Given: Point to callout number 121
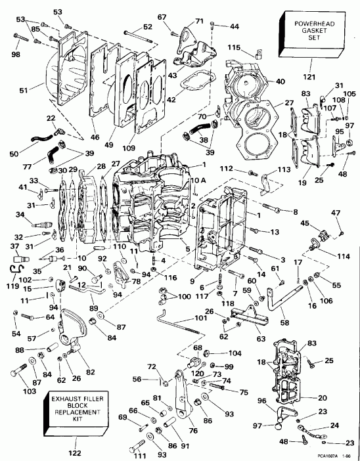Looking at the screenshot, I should pos(307,79).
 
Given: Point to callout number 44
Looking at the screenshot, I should pos(235,26).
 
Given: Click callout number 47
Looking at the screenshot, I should pos(336,212).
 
